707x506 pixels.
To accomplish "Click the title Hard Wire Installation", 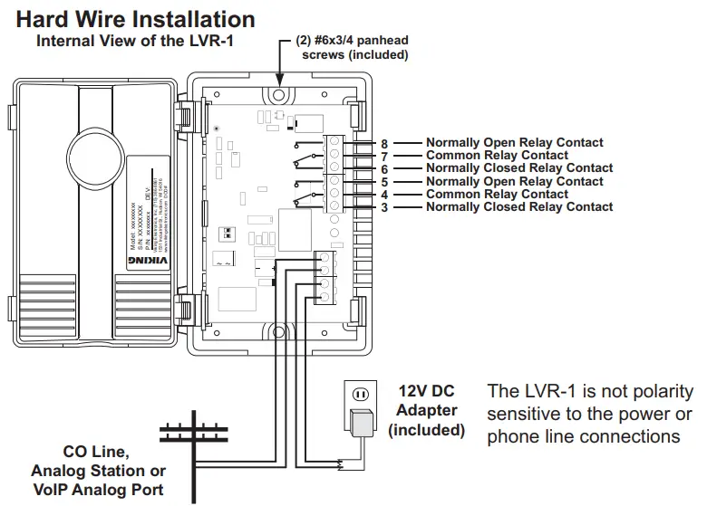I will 136,19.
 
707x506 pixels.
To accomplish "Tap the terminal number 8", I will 384,143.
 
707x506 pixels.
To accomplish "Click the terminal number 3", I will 384,207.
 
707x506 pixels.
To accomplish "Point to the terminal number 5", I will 384,182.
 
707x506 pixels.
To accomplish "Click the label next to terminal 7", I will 497,156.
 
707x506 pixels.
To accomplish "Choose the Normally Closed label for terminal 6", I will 519,168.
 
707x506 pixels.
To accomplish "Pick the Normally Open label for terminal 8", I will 514,143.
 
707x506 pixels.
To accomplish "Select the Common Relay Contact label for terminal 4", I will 497,195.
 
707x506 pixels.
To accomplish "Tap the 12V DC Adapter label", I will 426,410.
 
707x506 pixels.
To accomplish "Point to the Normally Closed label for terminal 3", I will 519,207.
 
